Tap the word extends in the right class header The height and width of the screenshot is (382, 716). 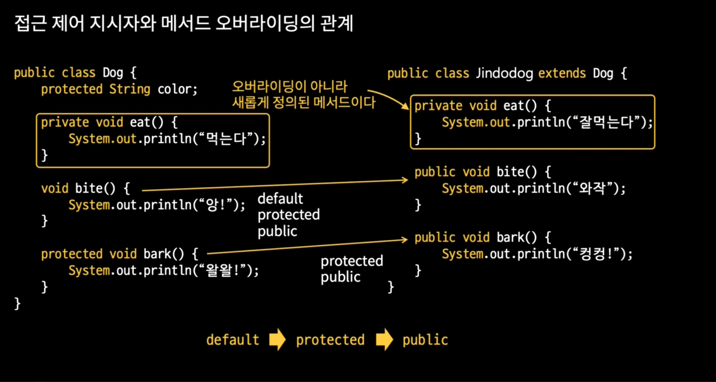click(562, 73)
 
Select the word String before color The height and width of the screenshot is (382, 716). click(129, 89)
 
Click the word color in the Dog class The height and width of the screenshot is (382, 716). click(175, 89)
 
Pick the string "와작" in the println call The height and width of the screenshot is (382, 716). click(592, 188)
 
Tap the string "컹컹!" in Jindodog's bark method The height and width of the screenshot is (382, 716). click(595, 254)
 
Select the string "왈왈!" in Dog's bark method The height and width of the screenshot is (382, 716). click(222, 271)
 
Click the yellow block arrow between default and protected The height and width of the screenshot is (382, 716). click(277, 339)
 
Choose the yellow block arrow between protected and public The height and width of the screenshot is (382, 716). click(384, 339)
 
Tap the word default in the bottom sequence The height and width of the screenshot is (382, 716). click(233, 340)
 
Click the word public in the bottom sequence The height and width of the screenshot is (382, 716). click(425, 340)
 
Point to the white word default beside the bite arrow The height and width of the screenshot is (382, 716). click(280, 199)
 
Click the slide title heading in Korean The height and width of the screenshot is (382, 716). click(183, 23)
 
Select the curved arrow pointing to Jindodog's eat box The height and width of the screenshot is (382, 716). click(390, 97)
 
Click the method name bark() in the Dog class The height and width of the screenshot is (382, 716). click(163, 254)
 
